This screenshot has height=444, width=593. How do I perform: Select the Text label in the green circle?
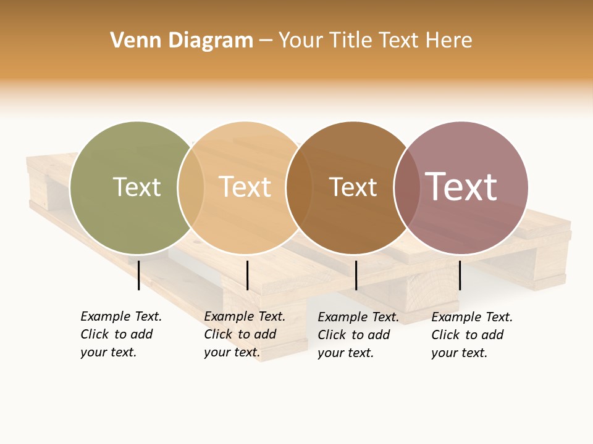[x=137, y=187]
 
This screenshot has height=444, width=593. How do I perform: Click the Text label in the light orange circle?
[x=245, y=187]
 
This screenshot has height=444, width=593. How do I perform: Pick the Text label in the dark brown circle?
[x=353, y=187]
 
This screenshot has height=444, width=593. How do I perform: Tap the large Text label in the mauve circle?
[x=461, y=186]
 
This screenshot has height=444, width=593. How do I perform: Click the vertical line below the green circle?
[x=139, y=275]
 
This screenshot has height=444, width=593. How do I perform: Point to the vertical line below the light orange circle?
[x=247, y=275]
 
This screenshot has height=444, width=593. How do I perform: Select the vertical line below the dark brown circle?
[x=356, y=275]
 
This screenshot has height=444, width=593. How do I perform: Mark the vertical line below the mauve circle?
[x=460, y=275]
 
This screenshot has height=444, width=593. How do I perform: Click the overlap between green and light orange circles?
[x=191, y=187]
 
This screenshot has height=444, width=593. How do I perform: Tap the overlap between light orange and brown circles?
[x=300, y=187]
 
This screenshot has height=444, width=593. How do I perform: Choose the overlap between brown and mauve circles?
[x=407, y=187]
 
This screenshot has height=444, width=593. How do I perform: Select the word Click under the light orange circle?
[x=218, y=334]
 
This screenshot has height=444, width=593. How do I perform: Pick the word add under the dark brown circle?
[x=379, y=335]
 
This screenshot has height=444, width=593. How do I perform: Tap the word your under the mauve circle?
[x=444, y=353]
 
